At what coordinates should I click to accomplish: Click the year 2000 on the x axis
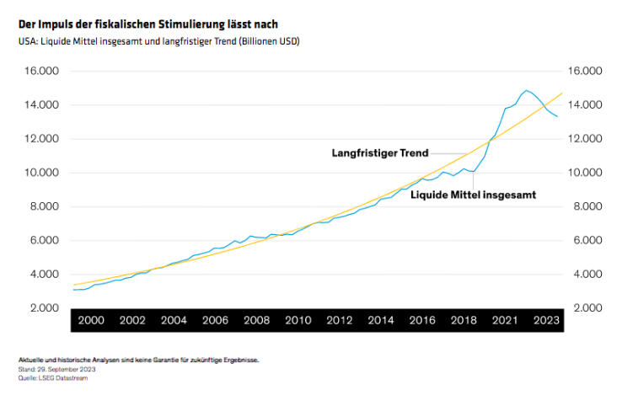91,320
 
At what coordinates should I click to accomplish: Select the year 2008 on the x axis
256,320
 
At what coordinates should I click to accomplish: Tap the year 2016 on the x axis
421,320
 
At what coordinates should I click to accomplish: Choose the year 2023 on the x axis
545,320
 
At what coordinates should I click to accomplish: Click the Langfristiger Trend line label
379,153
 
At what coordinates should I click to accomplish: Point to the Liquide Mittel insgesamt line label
473,194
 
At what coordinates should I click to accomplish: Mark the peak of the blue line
526,90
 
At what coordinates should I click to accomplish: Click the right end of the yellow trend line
561,93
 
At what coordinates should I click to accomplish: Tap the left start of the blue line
74,290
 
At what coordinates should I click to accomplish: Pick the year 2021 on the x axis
504,320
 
